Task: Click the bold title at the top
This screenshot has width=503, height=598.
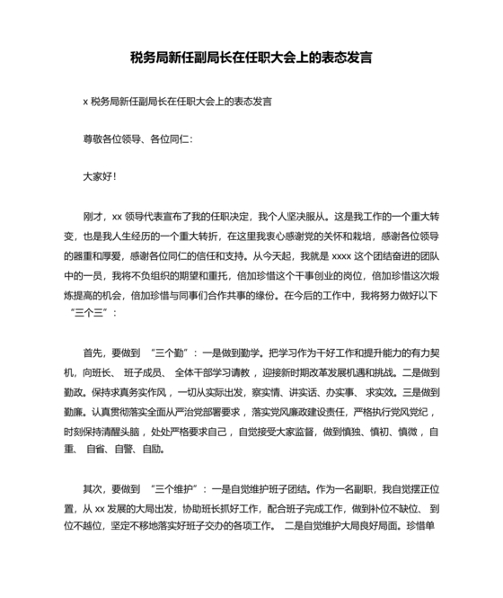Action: click(251, 58)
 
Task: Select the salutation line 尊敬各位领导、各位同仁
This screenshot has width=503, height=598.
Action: click(137, 139)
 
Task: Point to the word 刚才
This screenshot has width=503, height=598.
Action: click(93, 217)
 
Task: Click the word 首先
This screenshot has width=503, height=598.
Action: click(93, 353)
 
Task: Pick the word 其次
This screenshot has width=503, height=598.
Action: click(93, 490)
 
